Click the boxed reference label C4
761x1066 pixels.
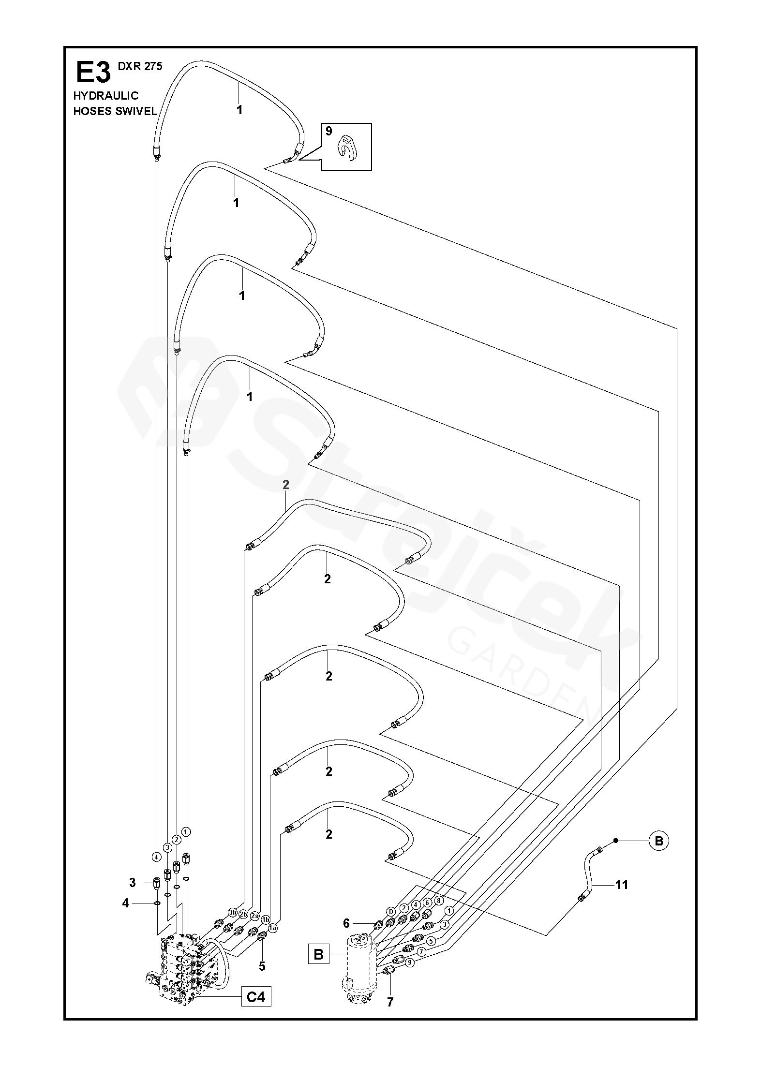pos(256,996)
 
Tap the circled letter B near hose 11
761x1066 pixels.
pos(658,841)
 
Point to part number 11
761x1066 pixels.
pos(621,885)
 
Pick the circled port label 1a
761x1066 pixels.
pos(273,928)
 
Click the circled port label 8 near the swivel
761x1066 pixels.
pos(439,901)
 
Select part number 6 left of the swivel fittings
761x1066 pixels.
pos(346,923)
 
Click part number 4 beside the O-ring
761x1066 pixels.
pos(126,903)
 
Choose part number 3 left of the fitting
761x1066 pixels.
pos(132,883)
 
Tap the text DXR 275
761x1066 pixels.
pos(140,67)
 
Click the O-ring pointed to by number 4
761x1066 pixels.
pos(158,903)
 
